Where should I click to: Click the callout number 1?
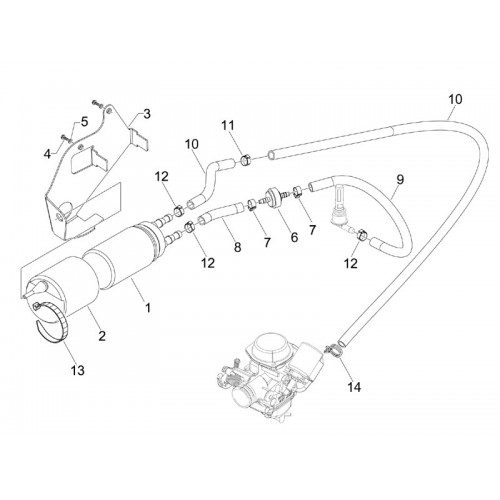pyautogui.click(x=148, y=307)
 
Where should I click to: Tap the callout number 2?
pyautogui.click(x=102, y=335)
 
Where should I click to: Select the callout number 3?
pyautogui.click(x=147, y=114)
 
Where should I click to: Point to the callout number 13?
pyautogui.click(x=78, y=370)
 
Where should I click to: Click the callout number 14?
pyautogui.click(x=354, y=387)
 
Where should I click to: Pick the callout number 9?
pyautogui.click(x=400, y=179)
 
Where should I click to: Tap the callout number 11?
pyautogui.click(x=228, y=126)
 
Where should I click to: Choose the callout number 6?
pyautogui.click(x=294, y=237)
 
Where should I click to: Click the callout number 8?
pyautogui.click(x=237, y=247)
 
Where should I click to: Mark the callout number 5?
pyautogui.click(x=84, y=122)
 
